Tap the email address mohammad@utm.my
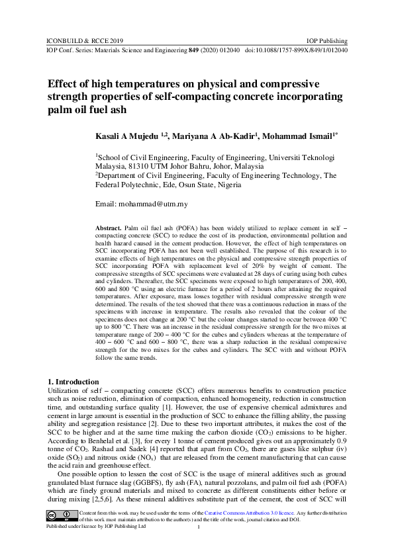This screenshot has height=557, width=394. (155, 204)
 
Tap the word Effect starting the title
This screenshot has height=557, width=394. (62, 84)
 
